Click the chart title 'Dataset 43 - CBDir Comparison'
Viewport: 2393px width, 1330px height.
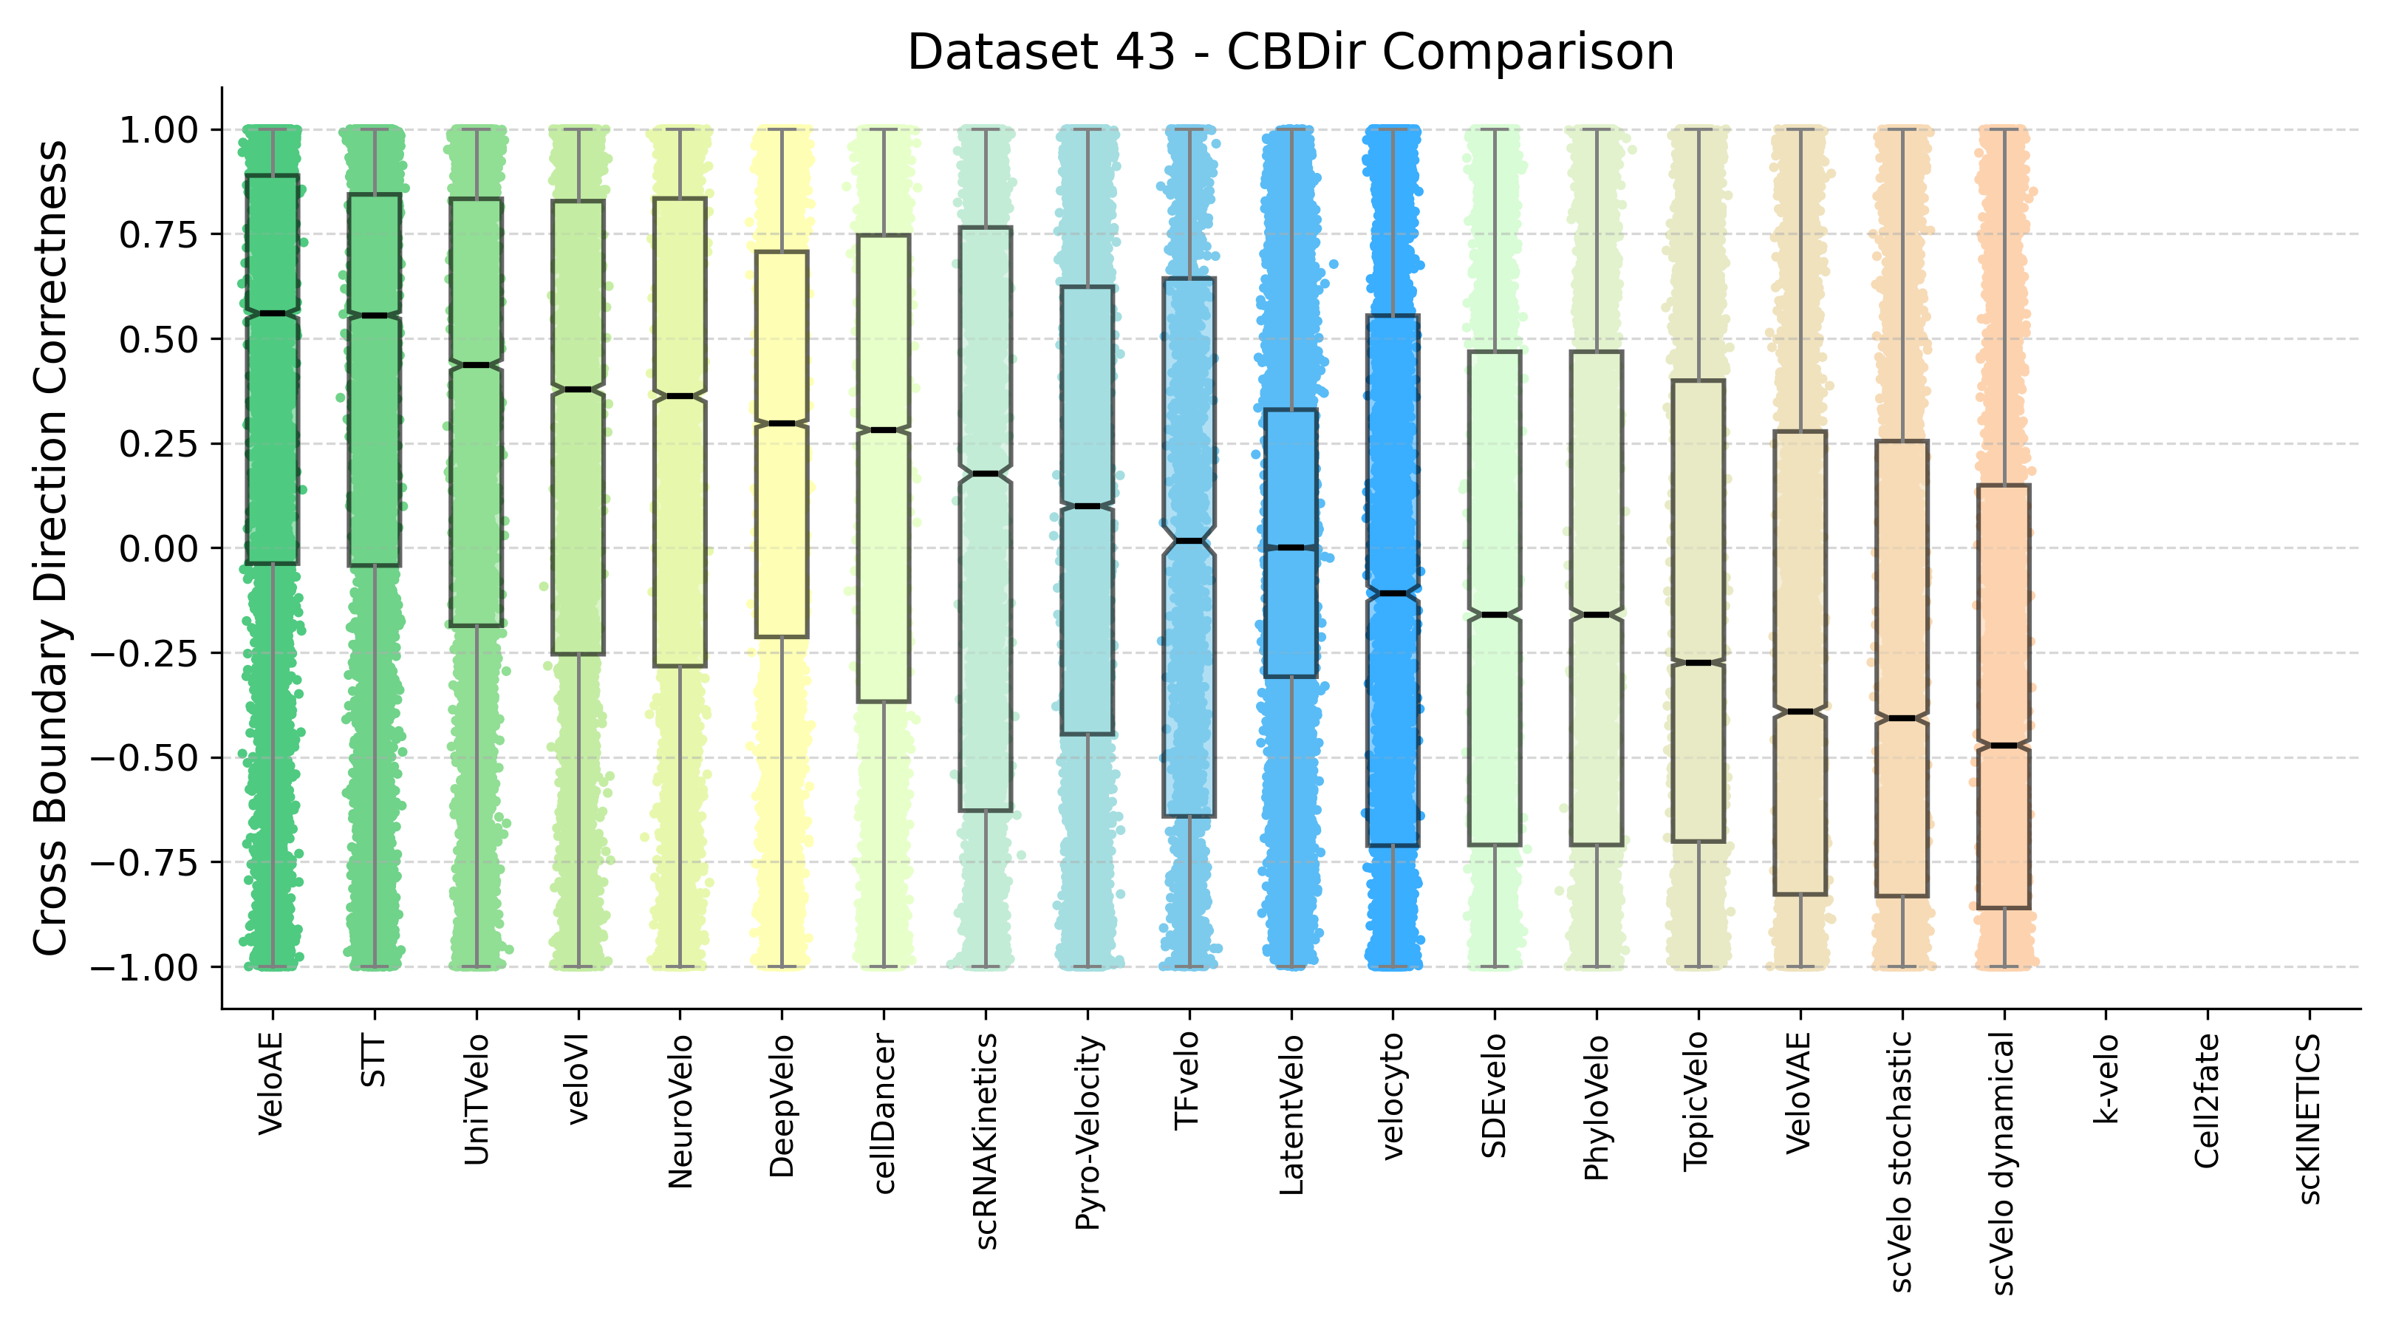tap(1290, 52)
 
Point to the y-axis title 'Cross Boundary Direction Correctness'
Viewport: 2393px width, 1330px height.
tap(50, 548)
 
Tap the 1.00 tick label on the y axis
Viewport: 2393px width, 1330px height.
tap(159, 130)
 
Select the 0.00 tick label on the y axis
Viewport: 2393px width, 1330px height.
tap(159, 549)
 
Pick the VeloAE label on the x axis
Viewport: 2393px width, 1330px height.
tap(271, 1084)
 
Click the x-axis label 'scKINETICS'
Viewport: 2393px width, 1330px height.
tap(2309, 1119)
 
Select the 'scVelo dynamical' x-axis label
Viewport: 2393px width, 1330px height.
tap(2004, 1164)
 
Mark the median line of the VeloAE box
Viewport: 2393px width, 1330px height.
tap(272, 313)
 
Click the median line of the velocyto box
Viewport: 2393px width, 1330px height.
tap(1393, 593)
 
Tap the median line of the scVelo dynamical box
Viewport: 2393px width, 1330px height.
tap(2004, 745)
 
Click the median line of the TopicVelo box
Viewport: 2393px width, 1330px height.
tap(1698, 662)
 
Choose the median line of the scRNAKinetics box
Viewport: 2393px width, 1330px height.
tap(986, 474)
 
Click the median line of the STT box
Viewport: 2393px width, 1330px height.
tap(375, 316)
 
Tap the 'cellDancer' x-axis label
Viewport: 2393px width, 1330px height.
tap(884, 1114)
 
